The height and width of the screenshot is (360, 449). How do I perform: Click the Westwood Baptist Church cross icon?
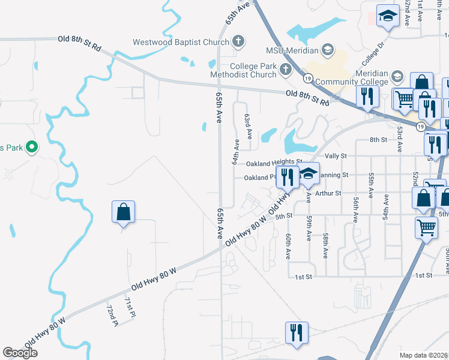pyautogui.click(x=238, y=42)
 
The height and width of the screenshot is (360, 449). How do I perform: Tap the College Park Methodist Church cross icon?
pyautogui.click(x=285, y=70)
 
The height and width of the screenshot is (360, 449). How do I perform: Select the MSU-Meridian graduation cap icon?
pyautogui.click(x=327, y=49)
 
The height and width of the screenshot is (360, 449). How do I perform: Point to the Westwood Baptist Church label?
pyautogui.click(x=181, y=42)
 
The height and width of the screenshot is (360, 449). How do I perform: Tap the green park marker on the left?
pyautogui.click(x=33, y=146)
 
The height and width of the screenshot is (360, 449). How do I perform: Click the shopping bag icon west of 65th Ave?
pyautogui.click(x=123, y=212)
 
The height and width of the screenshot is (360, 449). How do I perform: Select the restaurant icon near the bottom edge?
pyautogui.click(x=296, y=332)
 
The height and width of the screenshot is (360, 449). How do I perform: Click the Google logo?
pyautogui.click(x=20, y=353)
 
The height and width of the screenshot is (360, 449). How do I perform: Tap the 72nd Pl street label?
pyautogui.click(x=112, y=316)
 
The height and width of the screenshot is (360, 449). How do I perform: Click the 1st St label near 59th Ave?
pyautogui.click(x=305, y=276)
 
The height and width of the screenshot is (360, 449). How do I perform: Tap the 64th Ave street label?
pyautogui.click(x=236, y=152)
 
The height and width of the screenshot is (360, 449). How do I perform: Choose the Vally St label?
pyautogui.click(x=336, y=156)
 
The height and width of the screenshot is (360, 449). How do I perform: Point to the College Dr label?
pyautogui.click(x=372, y=55)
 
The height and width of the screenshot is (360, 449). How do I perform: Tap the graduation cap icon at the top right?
pyautogui.click(x=388, y=16)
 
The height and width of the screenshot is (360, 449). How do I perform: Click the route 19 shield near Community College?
pyautogui.click(x=307, y=79)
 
